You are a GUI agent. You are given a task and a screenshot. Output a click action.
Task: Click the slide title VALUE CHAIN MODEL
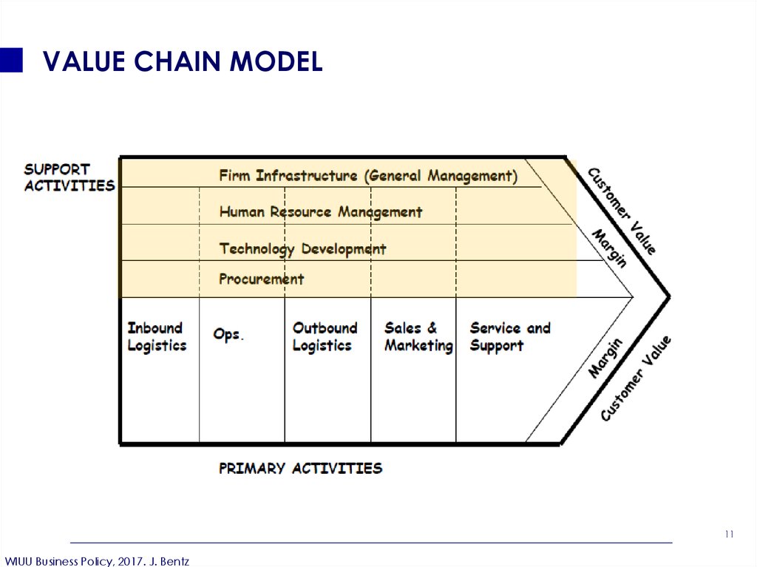pyautogui.click(x=183, y=61)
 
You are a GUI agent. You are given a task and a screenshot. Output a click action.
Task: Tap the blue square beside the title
pyautogui.click(x=11, y=60)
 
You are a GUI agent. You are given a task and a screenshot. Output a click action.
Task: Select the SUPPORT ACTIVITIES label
pyautogui.click(x=69, y=177)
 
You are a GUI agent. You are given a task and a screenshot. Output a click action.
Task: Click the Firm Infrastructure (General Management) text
pyautogui.click(x=368, y=176)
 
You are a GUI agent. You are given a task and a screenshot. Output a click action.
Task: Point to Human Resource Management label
pyautogui.click(x=321, y=212)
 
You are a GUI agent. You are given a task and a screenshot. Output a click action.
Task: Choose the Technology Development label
pyautogui.click(x=302, y=248)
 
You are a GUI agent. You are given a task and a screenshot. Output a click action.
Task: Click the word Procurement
pyautogui.click(x=262, y=279)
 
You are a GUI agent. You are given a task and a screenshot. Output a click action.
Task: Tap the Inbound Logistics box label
pyautogui.click(x=157, y=336)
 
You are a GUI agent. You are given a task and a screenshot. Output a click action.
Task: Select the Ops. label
pyautogui.click(x=228, y=334)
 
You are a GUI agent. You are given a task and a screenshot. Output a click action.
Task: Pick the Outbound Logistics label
pyautogui.click(x=325, y=336)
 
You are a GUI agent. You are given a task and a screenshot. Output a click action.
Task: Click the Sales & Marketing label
pyautogui.click(x=418, y=336)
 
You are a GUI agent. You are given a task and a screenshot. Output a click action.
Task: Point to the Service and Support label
pyautogui.click(x=510, y=336)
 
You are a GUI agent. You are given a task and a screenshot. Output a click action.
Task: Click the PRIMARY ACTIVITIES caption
pyautogui.click(x=300, y=468)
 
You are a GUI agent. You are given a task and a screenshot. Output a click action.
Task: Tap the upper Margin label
pyautogui.click(x=610, y=248)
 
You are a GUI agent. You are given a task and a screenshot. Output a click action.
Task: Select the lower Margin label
pyautogui.click(x=605, y=358)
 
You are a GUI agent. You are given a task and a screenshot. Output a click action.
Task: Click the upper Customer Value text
pyautogui.click(x=622, y=211)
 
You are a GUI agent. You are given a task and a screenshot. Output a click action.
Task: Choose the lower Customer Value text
pyautogui.click(x=636, y=378)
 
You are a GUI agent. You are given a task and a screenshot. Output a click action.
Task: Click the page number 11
pyautogui.click(x=729, y=534)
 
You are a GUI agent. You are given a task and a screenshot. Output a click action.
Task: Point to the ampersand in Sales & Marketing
pyautogui.click(x=432, y=328)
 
